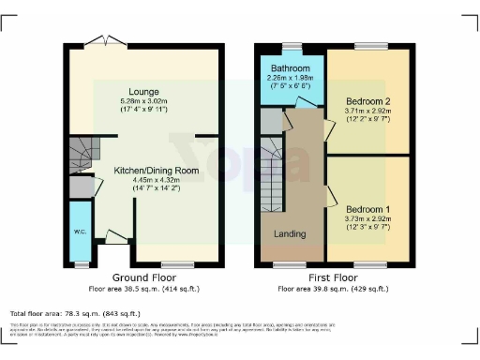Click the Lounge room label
[143, 91]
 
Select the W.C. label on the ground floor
[80, 232]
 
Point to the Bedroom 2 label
[367, 100]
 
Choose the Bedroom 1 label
[367, 209]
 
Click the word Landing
[290, 232]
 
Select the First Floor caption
[334, 278]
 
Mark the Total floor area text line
[75, 313]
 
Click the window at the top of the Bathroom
[292, 45]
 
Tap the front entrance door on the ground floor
[116, 239]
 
